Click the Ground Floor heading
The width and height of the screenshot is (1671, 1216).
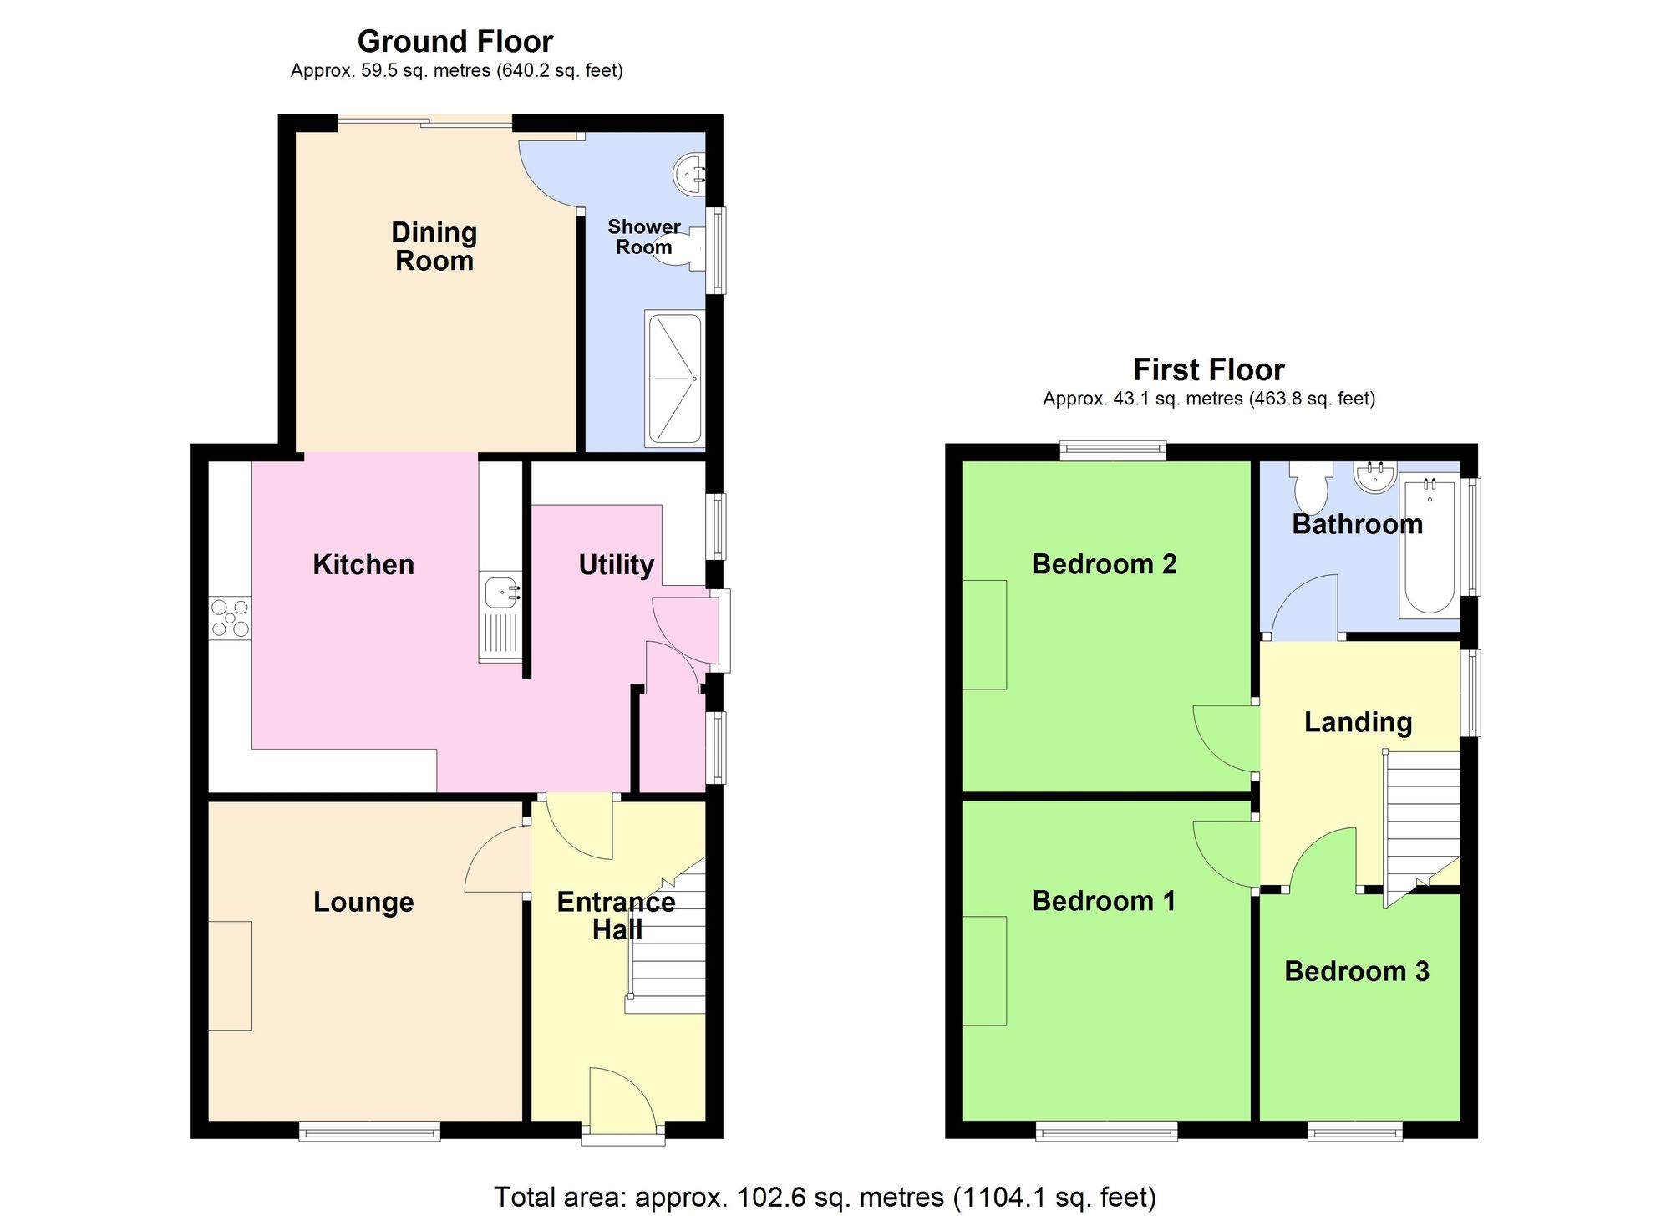[455, 41]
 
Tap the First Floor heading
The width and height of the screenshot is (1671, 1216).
[1208, 369]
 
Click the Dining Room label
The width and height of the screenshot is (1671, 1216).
[434, 246]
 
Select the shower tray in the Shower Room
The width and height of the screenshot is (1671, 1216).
[674, 379]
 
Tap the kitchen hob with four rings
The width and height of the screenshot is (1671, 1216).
[230, 618]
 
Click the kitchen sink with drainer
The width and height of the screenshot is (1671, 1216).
[500, 617]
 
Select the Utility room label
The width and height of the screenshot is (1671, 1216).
[616, 564]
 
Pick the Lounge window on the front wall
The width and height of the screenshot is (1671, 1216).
[370, 1132]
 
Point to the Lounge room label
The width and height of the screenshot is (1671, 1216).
[363, 902]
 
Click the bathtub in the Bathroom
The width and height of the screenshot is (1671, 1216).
[1430, 546]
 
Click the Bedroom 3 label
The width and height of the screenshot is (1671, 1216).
[1357, 971]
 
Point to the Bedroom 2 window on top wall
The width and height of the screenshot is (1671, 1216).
[1113, 450]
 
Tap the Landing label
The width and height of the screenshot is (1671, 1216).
[1358, 722]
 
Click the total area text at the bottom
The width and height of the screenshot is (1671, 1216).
[825, 1197]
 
